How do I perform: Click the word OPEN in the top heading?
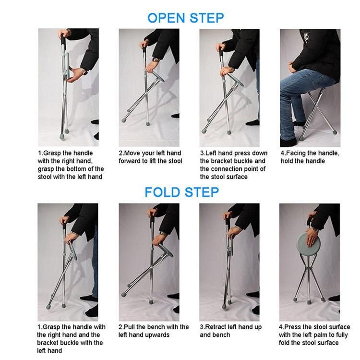pyautogui.click(x=166, y=18)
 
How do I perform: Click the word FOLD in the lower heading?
pyautogui.click(x=162, y=192)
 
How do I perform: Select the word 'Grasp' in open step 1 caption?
pyautogui.click(x=52, y=153)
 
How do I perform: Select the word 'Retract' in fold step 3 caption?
pyautogui.click(x=215, y=327)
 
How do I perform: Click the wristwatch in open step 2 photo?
pyautogui.click(x=156, y=60)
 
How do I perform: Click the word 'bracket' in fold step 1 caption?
pyautogui.click(x=48, y=343)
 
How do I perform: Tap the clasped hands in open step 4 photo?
pyautogui.click(x=293, y=67)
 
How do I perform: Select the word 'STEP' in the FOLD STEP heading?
pyautogui.click(x=202, y=192)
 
